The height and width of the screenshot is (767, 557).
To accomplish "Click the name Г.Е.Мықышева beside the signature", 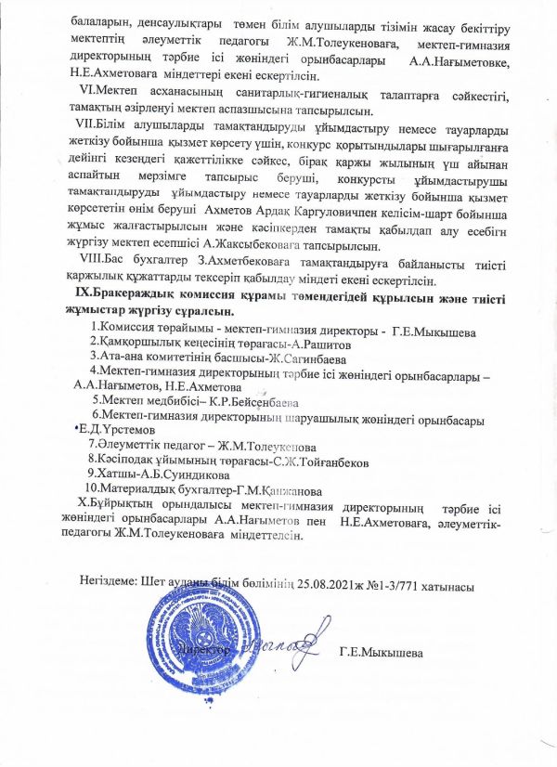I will [382, 653].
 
